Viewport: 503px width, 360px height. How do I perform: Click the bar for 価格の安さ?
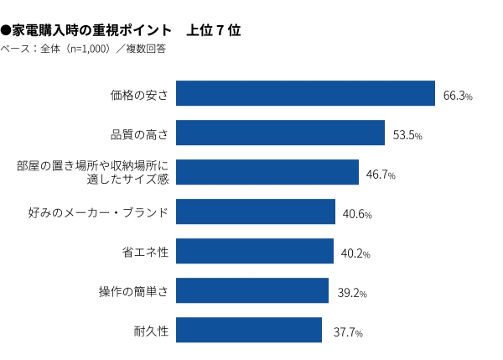click(x=305, y=94)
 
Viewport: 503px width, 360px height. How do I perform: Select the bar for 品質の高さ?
click(x=280, y=133)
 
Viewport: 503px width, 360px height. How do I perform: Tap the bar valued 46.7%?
click(x=267, y=173)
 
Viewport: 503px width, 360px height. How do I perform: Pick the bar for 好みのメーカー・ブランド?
click(x=256, y=212)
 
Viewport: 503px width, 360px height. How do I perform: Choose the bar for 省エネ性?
click(x=255, y=252)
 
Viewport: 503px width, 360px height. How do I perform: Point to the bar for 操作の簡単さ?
click(x=252, y=291)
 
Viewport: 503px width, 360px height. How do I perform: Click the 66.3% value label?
click(x=458, y=97)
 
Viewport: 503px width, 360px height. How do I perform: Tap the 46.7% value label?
click(x=381, y=175)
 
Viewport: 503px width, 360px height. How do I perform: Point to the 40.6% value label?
click(x=357, y=215)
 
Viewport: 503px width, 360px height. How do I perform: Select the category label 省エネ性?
click(x=146, y=252)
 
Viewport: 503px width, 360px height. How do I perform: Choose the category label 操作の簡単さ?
click(x=133, y=291)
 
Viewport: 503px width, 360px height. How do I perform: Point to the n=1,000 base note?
click(x=84, y=49)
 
